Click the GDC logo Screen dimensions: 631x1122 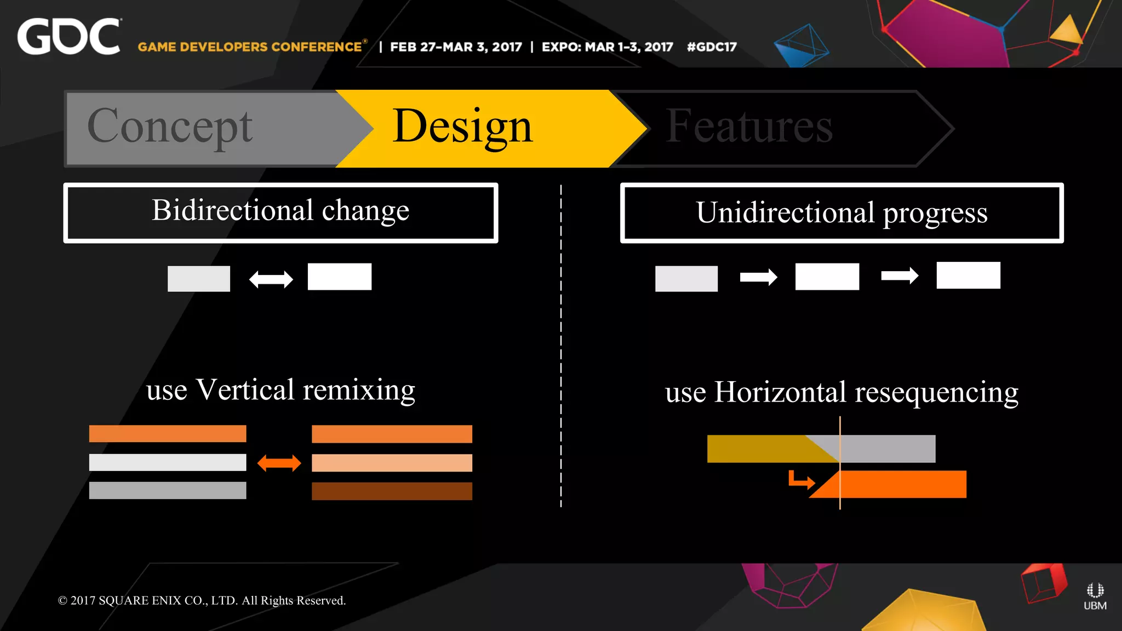pos(68,37)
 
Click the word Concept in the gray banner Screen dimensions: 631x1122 pos(170,127)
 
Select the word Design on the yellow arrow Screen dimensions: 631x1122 pos(462,127)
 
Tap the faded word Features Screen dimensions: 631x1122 pos(749,127)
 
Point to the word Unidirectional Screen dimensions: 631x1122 pos(785,213)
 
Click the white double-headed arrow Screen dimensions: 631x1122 pos(271,279)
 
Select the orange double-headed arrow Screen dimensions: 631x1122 pos(279,463)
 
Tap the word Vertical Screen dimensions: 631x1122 pos(245,390)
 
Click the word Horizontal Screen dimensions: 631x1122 pos(780,392)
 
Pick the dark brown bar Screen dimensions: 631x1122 pos(392,491)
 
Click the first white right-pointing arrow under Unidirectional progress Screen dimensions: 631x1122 pos(758,277)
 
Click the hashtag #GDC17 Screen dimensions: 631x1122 pos(712,47)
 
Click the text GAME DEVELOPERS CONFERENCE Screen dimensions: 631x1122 pos(250,47)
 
